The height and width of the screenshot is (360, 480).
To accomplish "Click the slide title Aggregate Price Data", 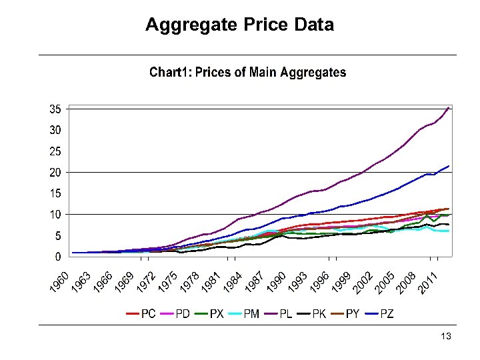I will pos(239,25).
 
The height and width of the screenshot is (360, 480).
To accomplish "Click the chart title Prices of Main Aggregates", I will pos(247,72).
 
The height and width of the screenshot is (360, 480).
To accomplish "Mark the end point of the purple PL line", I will pos(449,107).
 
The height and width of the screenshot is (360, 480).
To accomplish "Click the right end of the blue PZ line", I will pos(449,166).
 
